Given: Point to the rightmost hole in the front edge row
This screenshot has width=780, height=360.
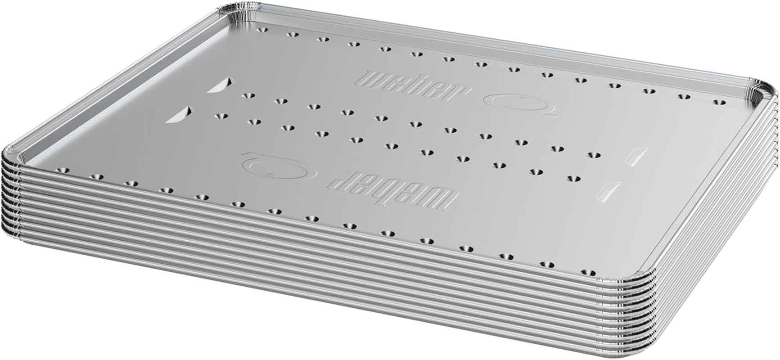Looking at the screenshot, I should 588,272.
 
